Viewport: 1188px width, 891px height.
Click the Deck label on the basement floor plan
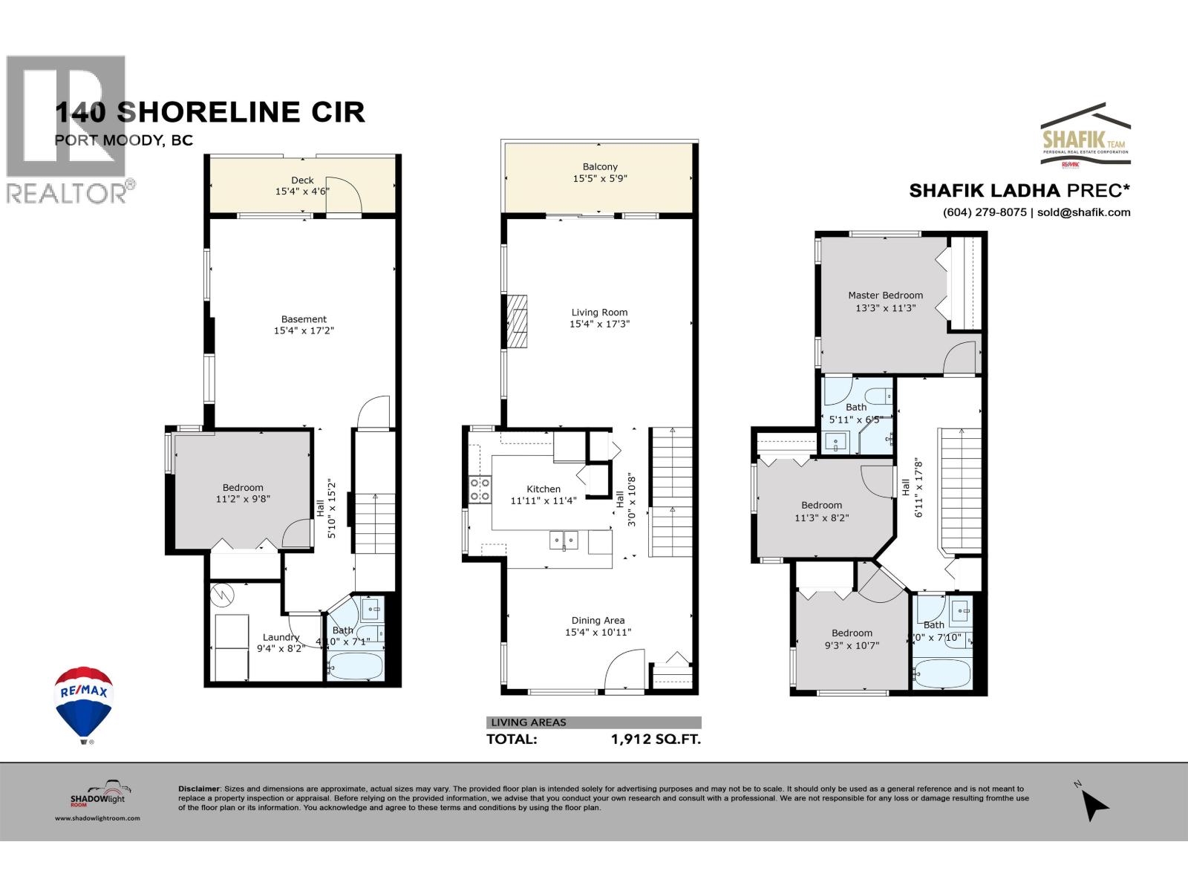[302, 180]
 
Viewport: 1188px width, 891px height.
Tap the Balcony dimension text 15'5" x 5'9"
[599, 179]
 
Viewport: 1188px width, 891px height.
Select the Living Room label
[599, 313]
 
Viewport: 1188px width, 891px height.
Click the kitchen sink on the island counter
[564, 540]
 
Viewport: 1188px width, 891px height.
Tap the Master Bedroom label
[885, 295]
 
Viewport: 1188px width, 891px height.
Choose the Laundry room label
[281, 637]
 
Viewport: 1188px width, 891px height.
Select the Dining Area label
[598, 620]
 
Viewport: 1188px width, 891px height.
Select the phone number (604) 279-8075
[985, 212]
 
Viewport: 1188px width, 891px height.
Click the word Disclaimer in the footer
[199, 789]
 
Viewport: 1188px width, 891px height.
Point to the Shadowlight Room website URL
[97, 817]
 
